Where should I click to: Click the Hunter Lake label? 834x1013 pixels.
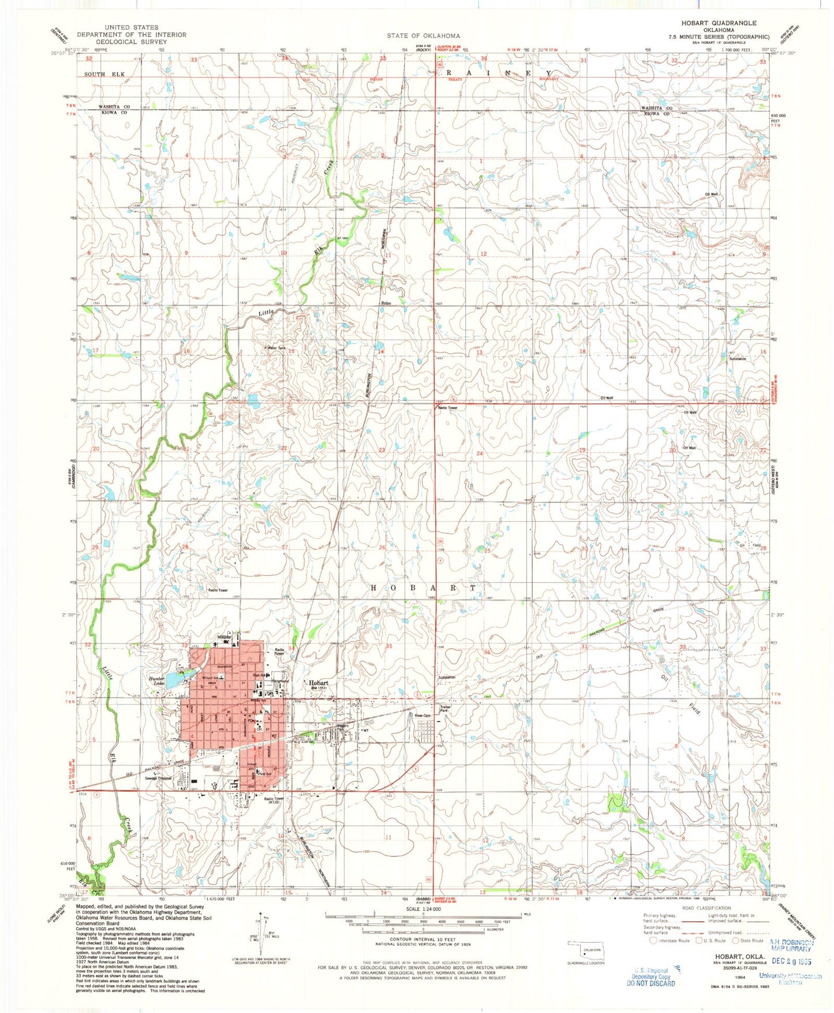point(157,681)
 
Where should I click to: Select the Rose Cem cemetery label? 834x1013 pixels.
point(423,716)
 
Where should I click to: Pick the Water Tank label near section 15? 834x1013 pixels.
point(274,348)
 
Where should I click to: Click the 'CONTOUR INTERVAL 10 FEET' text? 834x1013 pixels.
point(424,944)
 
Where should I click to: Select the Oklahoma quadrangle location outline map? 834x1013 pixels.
point(585,948)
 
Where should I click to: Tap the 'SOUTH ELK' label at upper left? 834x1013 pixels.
point(104,74)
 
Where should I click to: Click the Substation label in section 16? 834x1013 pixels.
point(737,359)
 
